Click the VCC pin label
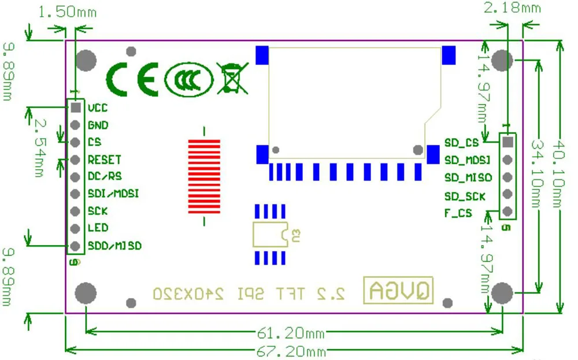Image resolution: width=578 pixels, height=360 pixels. (98, 107)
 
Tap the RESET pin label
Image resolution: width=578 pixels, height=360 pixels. (105, 159)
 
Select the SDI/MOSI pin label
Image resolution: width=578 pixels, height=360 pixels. (113, 194)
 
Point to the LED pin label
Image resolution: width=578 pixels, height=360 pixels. (98, 228)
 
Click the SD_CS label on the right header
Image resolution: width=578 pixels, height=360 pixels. (461, 142)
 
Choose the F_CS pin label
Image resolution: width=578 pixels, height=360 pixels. (458, 213)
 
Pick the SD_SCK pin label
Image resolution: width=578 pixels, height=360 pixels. (465, 196)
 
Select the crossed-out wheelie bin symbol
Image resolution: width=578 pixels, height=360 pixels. (232, 78)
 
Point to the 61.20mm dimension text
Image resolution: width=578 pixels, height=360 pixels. (291, 333)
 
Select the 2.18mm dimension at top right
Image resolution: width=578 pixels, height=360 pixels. (512, 8)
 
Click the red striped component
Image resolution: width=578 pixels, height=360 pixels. (204, 176)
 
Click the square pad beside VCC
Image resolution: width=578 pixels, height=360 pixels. (75, 107)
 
